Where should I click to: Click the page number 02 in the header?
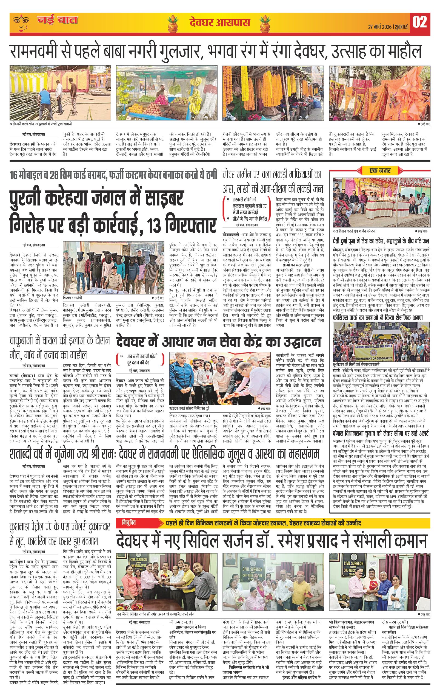pos(420,22)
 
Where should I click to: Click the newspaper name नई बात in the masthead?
pos(58,20)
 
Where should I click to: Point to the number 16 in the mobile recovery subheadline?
pos(14,175)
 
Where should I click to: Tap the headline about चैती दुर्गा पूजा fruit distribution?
pos(381,241)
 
